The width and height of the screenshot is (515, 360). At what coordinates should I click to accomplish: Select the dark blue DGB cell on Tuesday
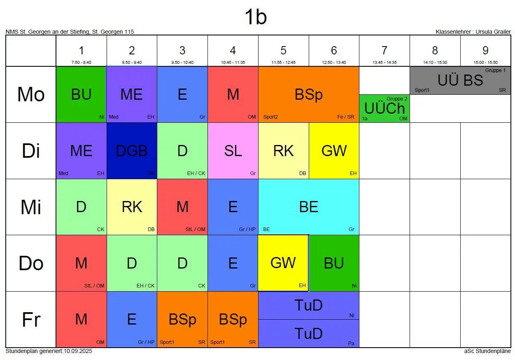pyautogui.click(x=132, y=151)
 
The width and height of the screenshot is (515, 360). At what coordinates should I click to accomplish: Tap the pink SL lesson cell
pyautogui.click(x=233, y=151)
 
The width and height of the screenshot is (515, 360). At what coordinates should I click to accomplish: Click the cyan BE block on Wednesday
pyautogui.click(x=309, y=207)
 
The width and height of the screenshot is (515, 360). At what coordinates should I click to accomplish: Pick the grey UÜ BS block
pyautogui.click(x=460, y=81)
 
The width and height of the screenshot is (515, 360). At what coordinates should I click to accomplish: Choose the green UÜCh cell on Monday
pyautogui.click(x=384, y=109)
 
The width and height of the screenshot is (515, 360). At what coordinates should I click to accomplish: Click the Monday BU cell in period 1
pyautogui.click(x=81, y=95)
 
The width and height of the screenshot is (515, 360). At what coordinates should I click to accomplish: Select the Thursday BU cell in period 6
pyautogui.click(x=334, y=263)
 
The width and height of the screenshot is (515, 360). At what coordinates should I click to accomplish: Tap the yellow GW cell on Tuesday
pyautogui.click(x=334, y=151)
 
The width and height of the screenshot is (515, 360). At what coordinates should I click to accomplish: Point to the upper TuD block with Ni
pyautogui.click(x=309, y=306)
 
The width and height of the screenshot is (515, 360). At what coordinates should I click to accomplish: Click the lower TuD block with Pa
pyautogui.click(x=309, y=334)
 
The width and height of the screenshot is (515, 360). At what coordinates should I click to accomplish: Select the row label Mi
pyautogui.click(x=31, y=207)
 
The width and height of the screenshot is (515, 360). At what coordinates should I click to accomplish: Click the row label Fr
pyautogui.click(x=31, y=320)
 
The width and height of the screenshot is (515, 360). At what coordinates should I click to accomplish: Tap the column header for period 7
pyautogui.click(x=384, y=51)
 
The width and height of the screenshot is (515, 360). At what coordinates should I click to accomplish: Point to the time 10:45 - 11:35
pyautogui.click(x=233, y=63)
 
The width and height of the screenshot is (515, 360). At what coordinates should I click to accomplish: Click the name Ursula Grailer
pyautogui.click(x=493, y=32)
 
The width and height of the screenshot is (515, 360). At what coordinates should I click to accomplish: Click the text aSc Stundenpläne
pyautogui.click(x=487, y=351)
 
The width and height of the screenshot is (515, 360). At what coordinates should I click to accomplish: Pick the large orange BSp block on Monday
pyautogui.click(x=309, y=95)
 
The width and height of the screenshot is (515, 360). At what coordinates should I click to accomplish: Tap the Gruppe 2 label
pyautogui.click(x=397, y=99)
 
